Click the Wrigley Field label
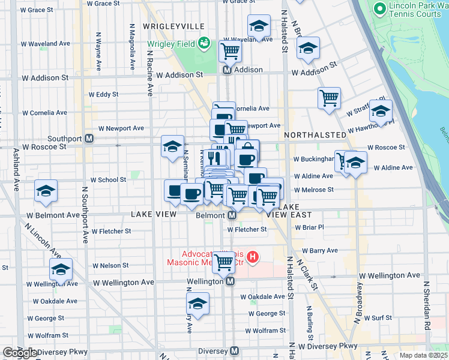172,43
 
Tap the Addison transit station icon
228,70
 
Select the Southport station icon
89,139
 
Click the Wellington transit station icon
230,281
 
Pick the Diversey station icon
234,351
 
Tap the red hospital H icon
253,257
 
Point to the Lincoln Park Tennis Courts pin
379,9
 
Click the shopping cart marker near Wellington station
224,262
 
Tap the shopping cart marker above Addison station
230,52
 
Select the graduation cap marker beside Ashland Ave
46,191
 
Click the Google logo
20,353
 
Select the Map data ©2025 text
424,355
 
